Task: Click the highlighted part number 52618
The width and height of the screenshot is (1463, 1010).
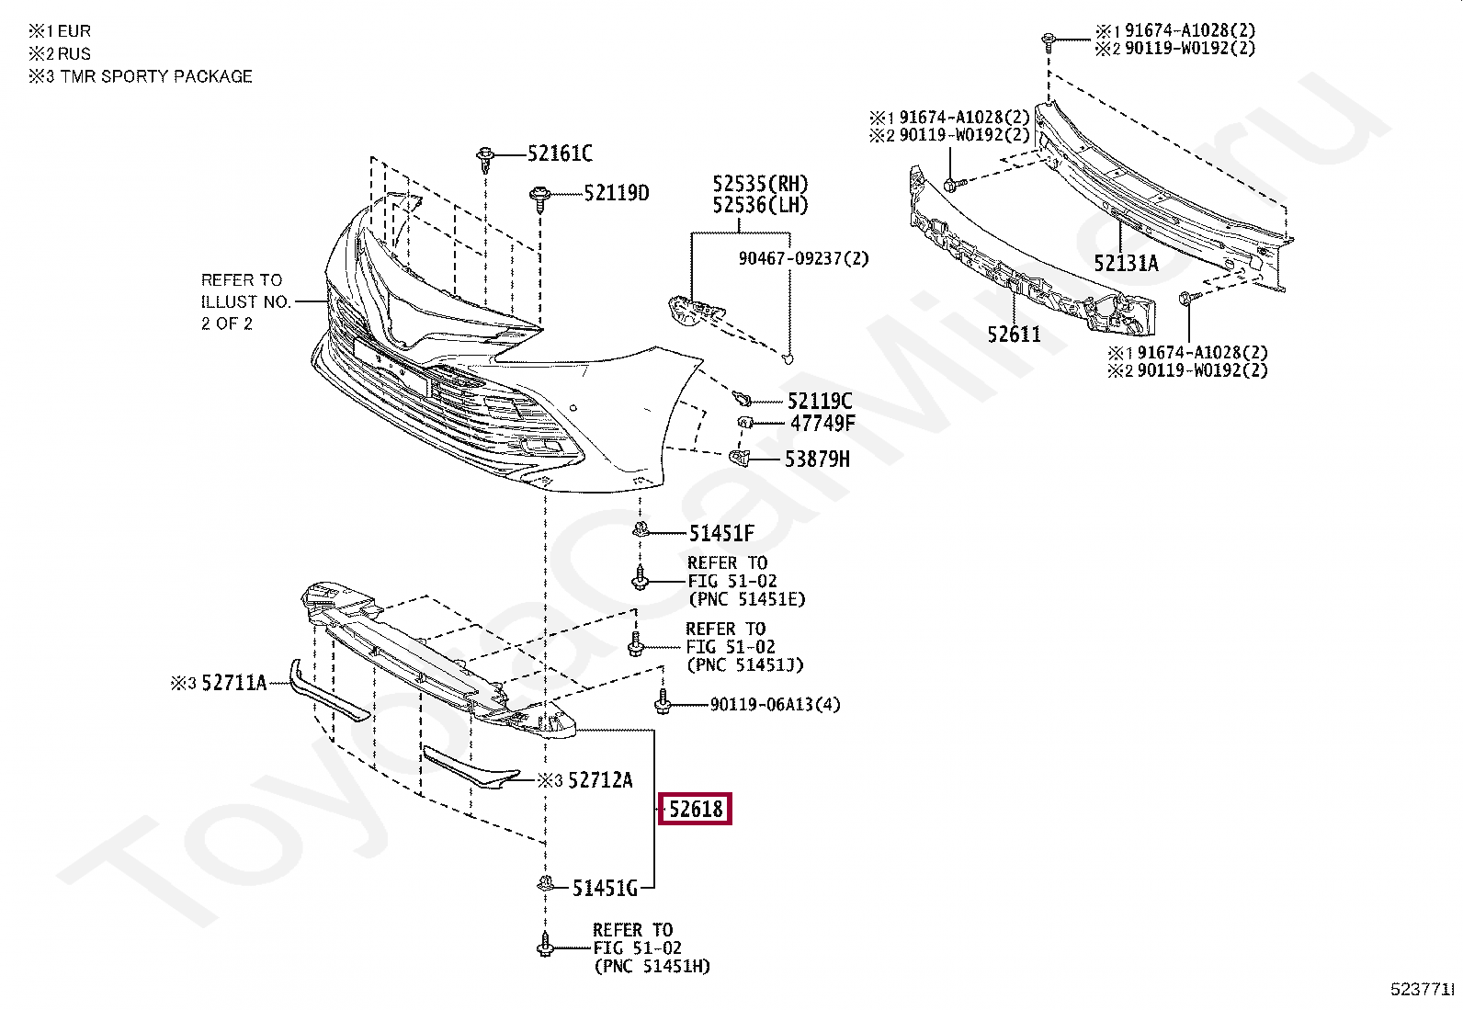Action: coord(696,810)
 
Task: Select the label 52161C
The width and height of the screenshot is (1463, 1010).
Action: coord(559,153)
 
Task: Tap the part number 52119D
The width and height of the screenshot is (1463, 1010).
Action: coord(616,193)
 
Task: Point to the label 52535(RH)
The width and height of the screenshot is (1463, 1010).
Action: coord(760,183)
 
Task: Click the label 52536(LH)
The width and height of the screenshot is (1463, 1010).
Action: coord(760,205)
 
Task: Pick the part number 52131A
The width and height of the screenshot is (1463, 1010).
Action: coord(1126,264)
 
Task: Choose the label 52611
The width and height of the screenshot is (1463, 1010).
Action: coord(1015,335)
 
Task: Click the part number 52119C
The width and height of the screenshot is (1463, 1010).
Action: coord(819,401)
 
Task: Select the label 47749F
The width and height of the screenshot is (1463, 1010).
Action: coord(822,424)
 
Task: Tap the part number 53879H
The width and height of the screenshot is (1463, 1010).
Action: coord(817,458)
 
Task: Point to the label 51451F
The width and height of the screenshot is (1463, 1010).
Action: coord(721,533)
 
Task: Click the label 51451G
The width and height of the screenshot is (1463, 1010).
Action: coord(605,888)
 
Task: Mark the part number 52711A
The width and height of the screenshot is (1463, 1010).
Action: coord(233,683)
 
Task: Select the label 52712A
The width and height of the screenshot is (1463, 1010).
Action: coord(600,780)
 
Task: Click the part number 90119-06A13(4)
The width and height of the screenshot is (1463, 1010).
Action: coord(775,705)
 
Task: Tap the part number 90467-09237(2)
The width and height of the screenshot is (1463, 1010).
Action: coord(803,259)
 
